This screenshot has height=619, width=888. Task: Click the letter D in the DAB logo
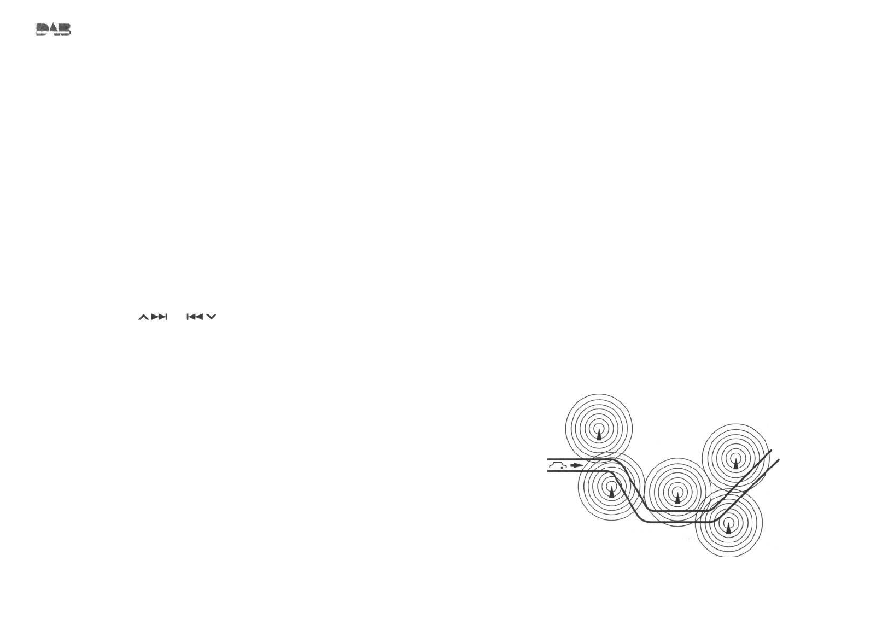tap(42, 29)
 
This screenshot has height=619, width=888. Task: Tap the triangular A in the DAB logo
tap(54, 28)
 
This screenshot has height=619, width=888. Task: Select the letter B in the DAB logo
tap(65, 29)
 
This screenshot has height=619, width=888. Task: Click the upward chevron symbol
tap(143, 317)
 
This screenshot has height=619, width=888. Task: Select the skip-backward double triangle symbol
tap(196, 317)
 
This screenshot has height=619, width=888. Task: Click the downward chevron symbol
tap(212, 317)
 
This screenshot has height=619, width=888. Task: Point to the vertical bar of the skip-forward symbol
tap(166, 317)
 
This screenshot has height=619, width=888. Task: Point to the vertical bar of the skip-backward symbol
tap(188, 317)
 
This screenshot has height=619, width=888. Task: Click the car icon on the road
tap(557, 465)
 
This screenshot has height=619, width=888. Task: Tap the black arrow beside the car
tap(576, 465)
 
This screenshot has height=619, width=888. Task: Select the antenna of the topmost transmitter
tap(599, 435)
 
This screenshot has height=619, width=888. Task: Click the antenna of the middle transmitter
tap(678, 498)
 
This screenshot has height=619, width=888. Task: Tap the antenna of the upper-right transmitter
tap(736, 464)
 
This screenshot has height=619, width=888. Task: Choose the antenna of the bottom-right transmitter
tap(728, 528)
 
